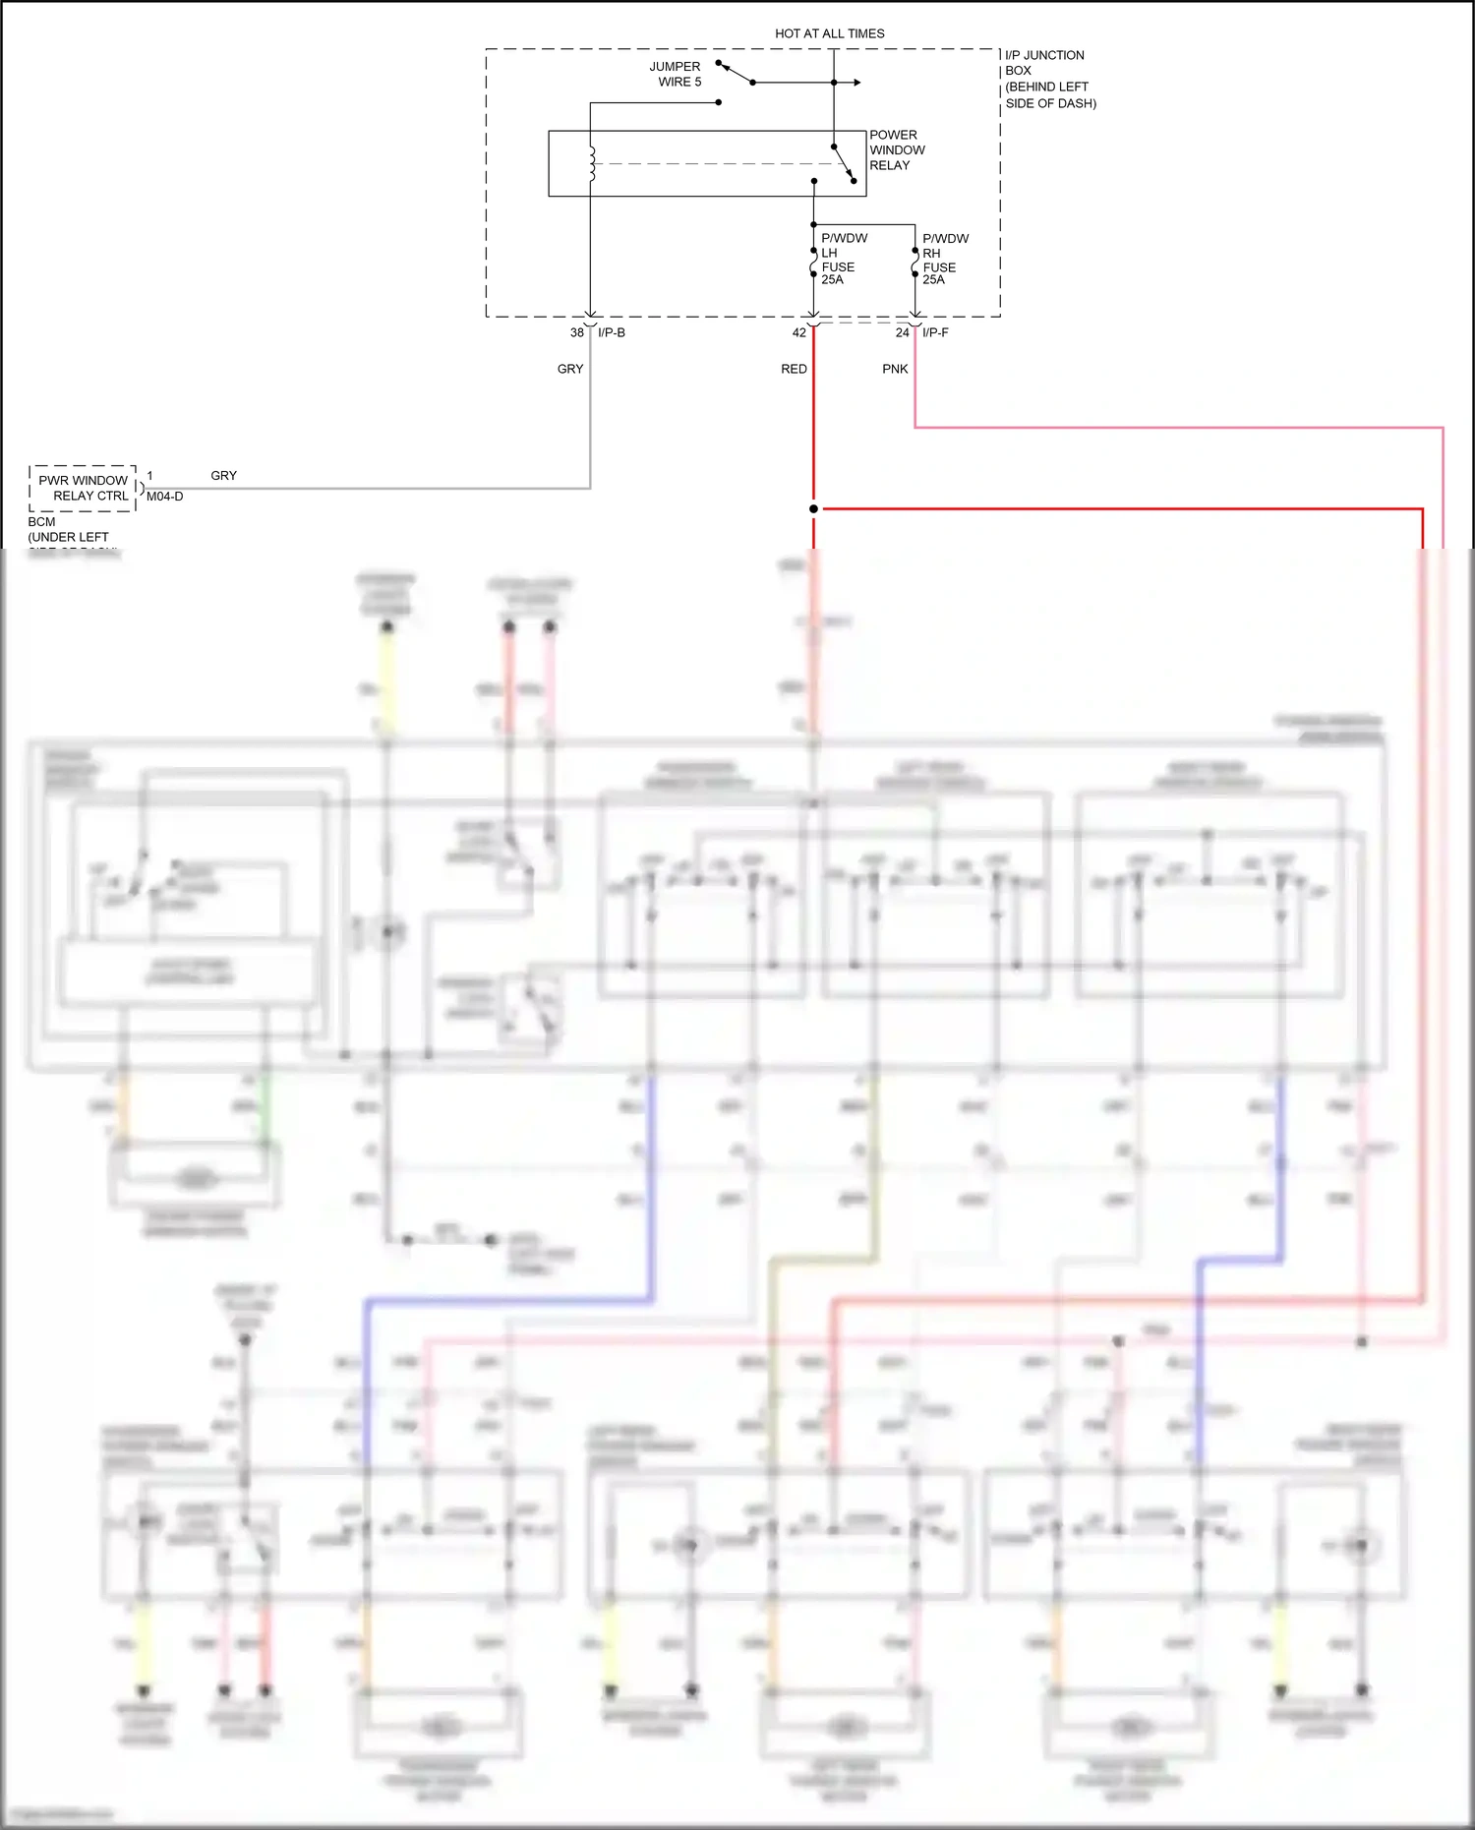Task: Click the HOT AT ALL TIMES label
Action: pyautogui.click(x=829, y=33)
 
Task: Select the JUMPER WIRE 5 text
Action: pyautogui.click(x=676, y=75)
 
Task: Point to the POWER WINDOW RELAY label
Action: pyautogui.click(x=896, y=150)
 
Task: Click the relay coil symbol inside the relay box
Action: pyautogui.click(x=592, y=164)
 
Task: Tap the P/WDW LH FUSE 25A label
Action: pyautogui.click(x=842, y=260)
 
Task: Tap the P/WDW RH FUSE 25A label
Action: pyautogui.click(x=943, y=260)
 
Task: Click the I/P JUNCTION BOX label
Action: pyautogui.click(x=1048, y=79)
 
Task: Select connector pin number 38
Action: pyautogui.click(x=577, y=332)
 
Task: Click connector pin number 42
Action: pyautogui.click(x=799, y=332)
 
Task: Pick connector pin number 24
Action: pyautogui.click(x=902, y=332)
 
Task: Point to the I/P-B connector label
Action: pyautogui.click(x=612, y=332)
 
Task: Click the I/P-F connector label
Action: pyautogui.click(x=935, y=332)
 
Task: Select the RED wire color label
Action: pyautogui.click(x=794, y=369)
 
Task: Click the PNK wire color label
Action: pyautogui.click(x=895, y=369)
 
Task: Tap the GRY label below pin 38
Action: pyautogui.click(x=570, y=369)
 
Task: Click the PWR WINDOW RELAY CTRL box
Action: pyautogui.click(x=83, y=488)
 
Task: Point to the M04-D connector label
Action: pyautogui.click(x=165, y=497)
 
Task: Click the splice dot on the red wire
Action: pyautogui.click(x=813, y=508)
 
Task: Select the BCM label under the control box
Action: pyautogui.click(x=42, y=522)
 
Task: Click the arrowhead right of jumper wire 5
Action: pyautogui.click(x=857, y=83)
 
